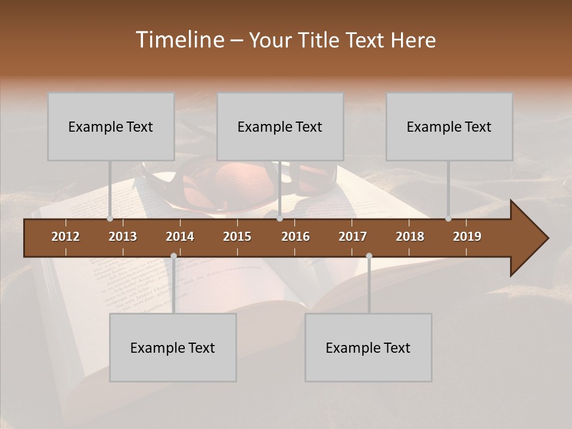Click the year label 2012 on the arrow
66,237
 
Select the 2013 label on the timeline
123,237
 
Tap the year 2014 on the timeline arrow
180,237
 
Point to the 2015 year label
237,237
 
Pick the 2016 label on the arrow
296,237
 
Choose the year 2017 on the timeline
353,237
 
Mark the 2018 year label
410,237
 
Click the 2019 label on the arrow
467,237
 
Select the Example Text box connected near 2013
111,126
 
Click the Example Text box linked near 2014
173,347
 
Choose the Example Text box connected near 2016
280,126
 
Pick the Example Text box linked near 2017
368,347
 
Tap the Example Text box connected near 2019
449,126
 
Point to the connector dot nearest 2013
110,219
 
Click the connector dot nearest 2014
173,256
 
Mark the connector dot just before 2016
279,219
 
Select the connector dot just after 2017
369,256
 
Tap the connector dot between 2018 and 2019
448,219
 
